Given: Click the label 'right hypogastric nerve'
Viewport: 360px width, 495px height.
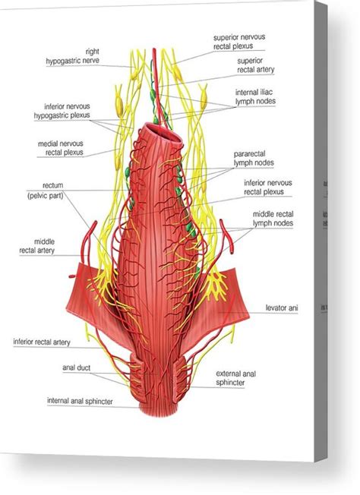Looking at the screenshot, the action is [73, 56].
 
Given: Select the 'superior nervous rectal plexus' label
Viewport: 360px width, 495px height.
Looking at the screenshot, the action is [239, 42].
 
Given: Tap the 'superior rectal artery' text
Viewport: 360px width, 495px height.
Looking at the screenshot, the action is [255, 65].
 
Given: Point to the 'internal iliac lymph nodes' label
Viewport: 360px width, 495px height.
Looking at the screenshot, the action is [255, 96].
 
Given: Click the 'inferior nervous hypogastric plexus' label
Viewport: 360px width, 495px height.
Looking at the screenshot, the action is [62, 111].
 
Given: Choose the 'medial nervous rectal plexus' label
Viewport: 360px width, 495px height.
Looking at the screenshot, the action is [61, 148].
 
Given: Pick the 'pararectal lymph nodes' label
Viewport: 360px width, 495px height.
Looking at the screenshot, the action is [254, 159].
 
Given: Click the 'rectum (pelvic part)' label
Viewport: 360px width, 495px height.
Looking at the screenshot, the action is [46, 191].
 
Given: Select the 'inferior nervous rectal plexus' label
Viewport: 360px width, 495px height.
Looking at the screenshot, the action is [267, 188].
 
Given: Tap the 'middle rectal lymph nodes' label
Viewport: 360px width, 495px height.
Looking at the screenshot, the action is [273, 219].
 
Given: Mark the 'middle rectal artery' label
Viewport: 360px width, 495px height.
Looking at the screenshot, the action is [37, 246].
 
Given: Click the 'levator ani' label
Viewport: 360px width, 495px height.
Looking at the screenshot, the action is [282, 307].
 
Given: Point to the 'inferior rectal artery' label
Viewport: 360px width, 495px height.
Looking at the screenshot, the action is [42, 342].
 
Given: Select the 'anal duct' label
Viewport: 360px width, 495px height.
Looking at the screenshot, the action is [76, 367].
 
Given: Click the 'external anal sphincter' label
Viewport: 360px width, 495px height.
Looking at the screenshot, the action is [236, 378].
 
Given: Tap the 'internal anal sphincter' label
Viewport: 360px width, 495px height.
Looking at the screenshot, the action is [80, 402].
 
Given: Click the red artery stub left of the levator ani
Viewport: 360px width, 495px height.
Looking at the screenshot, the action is [72, 276].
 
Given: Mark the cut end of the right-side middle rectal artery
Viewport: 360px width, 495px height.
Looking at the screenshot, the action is [232, 251].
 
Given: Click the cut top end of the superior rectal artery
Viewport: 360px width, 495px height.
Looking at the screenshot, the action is [154, 49].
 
